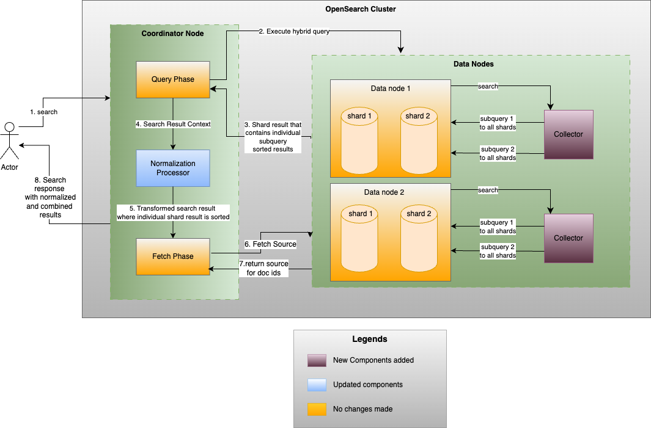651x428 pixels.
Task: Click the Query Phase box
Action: click(173, 79)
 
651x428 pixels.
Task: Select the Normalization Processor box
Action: click(173, 168)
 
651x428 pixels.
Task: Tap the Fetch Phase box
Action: click(173, 256)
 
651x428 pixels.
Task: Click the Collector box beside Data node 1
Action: click(568, 134)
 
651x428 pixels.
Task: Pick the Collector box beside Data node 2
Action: click(568, 238)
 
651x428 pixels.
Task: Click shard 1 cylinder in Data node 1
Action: click(359, 140)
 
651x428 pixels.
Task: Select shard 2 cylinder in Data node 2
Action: click(419, 238)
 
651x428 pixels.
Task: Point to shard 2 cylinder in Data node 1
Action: click(419, 140)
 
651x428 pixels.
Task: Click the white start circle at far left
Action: click(9, 127)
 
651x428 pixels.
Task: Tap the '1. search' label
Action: click(43, 112)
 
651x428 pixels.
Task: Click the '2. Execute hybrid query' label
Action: click(294, 31)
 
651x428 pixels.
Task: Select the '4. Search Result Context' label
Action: click(173, 124)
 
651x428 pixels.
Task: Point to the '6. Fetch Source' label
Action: click(270, 244)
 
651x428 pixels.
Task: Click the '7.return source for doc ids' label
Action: click(263, 268)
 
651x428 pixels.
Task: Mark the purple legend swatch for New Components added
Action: click(317, 360)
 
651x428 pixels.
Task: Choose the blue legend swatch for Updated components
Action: click(317, 385)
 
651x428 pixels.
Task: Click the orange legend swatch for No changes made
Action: click(317, 409)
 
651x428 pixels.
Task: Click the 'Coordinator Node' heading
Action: click(172, 33)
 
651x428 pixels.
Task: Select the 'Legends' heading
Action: click(369, 339)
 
